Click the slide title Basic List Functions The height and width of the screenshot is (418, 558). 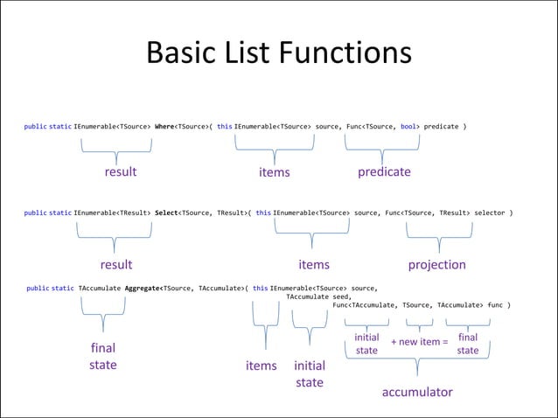click(278, 53)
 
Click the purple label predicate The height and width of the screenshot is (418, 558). click(384, 171)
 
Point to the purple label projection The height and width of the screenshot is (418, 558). click(436, 264)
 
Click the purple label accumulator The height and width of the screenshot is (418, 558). click(417, 392)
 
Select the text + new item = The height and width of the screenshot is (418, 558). click(419, 341)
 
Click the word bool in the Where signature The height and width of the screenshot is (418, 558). click(408, 127)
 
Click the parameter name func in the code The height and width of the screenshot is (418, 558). click(495, 304)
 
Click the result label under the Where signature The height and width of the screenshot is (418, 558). click(121, 171)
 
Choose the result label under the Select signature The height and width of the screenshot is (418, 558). click(115, 264)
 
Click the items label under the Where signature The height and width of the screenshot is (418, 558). click(274, 172)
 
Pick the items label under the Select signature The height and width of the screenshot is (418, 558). click(314, 264)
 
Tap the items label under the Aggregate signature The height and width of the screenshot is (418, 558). click(261, 366)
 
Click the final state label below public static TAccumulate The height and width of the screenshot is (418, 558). click(102, 356)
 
